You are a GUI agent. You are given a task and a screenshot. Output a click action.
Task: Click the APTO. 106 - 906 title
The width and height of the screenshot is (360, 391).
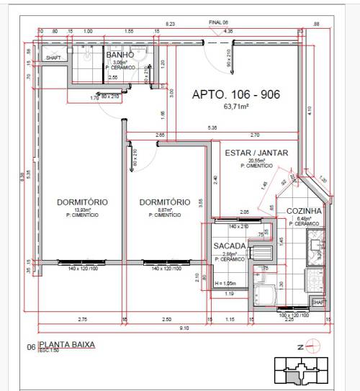tap(235, 94)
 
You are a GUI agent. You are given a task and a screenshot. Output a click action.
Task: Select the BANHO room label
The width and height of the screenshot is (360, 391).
tap(120, 55)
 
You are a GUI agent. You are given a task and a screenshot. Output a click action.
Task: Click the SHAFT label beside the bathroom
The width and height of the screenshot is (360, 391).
tap(53, 57)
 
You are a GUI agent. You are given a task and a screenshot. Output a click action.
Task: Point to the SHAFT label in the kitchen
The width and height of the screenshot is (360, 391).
tap(318, 302)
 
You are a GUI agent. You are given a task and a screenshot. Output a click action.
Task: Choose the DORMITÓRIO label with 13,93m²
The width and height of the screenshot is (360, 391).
tap(82, 202)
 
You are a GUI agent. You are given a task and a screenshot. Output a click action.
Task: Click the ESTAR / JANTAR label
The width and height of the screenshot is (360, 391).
tap(256, 153)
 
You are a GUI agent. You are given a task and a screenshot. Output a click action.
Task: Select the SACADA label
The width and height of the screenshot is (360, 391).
tap(230, 246)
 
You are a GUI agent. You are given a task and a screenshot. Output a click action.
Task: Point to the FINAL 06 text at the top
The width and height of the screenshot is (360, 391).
tap(218, 23)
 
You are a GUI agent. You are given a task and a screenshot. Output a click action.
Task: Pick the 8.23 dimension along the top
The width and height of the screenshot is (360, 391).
tap(170, 24)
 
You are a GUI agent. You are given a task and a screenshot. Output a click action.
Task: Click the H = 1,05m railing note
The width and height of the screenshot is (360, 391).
tap(229, 283)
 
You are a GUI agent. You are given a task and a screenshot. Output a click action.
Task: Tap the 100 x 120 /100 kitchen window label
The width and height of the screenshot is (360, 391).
tap(292, 315)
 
